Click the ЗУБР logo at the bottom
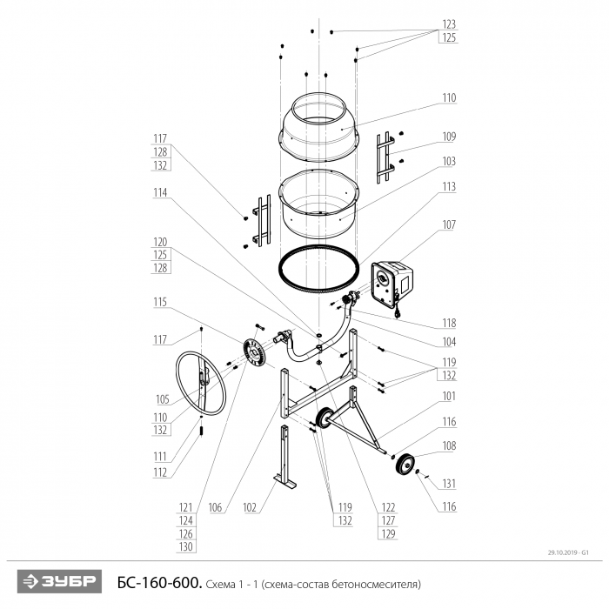click(x=59, y=581)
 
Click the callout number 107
click(x=449, y=224)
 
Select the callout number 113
click(x=449, y=187)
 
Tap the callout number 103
click(x=449, y=161)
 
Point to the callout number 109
click(x=449, y=137)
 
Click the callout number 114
click(x=160, y=192)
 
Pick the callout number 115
click(x=160, y=302)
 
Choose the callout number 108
click(x=449, y=445)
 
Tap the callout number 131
click(x=449, y=484)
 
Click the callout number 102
click(x=250, y=507)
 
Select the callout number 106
click(x=215, y=507)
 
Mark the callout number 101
click(x=449, y=396)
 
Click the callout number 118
click(x=449, y=323)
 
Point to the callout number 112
click(x=160, y=472)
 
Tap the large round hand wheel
click(x=200, y=384)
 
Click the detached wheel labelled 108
click(x=405, y=464)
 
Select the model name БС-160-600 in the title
click(x=159, y=583)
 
